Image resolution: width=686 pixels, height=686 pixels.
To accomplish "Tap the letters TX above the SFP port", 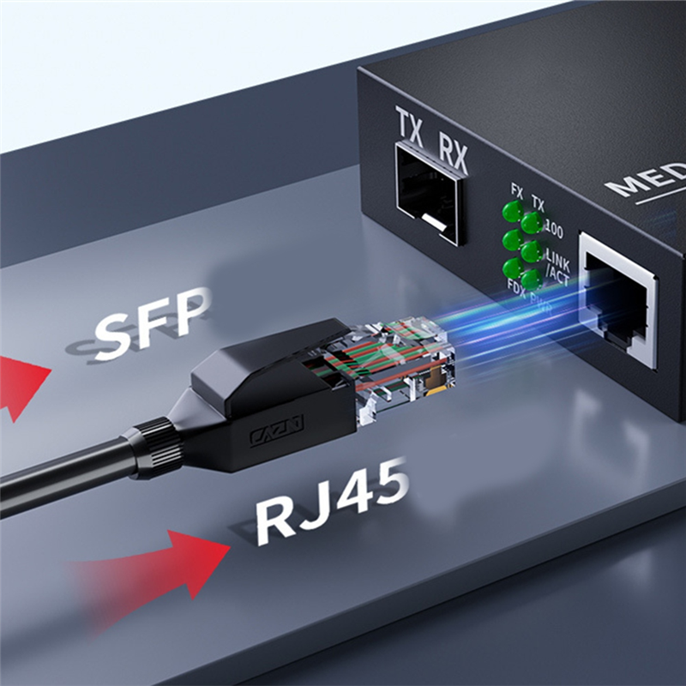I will tap(410, 130).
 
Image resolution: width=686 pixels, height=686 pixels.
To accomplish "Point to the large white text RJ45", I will tap(331, 508).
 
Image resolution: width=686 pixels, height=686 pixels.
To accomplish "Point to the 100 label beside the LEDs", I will tap(554, 230).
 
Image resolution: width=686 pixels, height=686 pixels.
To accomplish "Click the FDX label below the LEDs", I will tap(516, 284).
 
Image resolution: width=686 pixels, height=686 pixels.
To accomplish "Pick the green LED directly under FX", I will tap(513, 211).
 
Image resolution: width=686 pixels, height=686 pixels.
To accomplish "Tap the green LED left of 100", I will tap(533, 223).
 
